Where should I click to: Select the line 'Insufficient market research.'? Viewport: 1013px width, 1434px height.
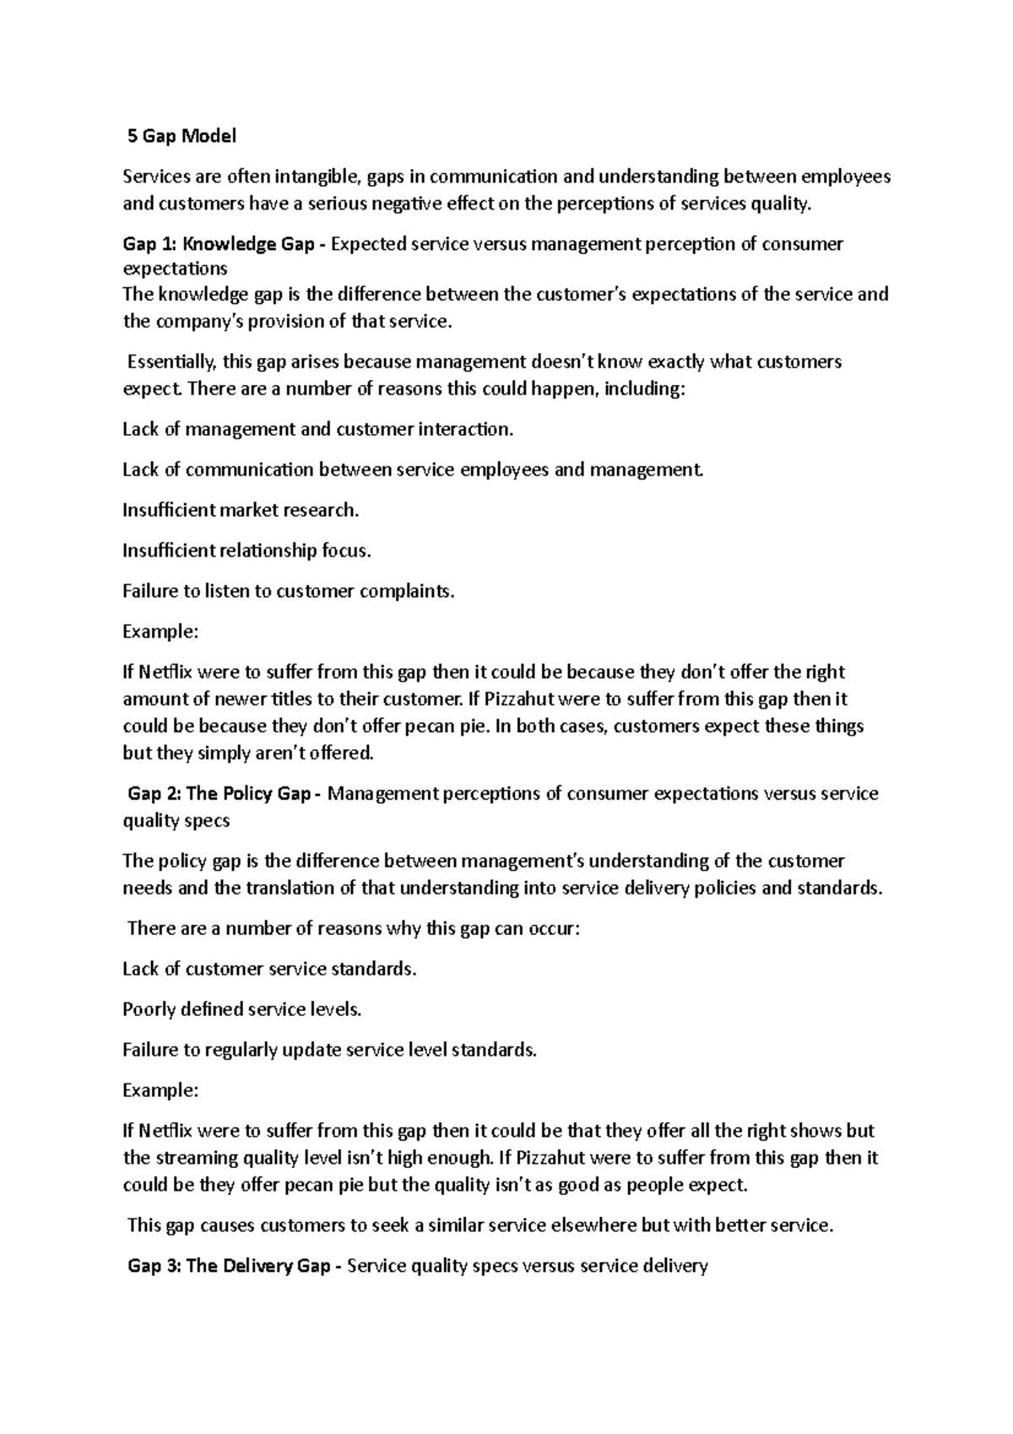(241, 510)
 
